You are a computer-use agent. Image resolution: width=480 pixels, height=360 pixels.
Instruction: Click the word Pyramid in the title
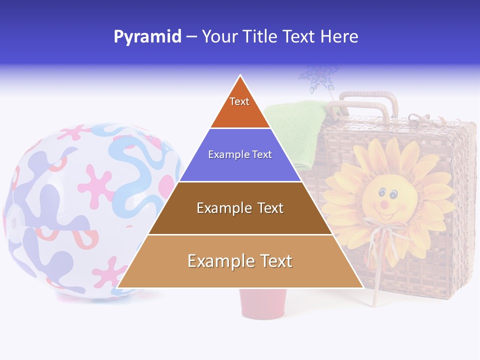[x=147, y=37]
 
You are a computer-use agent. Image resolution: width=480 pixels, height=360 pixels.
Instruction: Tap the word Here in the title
[x=339, y=37]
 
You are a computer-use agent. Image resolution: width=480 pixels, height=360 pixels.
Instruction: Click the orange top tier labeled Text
[x=240, y=107]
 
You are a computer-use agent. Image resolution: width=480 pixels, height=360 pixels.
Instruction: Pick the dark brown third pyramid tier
[x=240, y=208]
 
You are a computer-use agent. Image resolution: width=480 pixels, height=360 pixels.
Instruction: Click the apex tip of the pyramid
[x=240, y=76]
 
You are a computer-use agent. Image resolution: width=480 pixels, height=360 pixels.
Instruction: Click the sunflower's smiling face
[x=385, y=200]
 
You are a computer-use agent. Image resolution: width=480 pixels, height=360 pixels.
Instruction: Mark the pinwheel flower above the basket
[x=317, y=77]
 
